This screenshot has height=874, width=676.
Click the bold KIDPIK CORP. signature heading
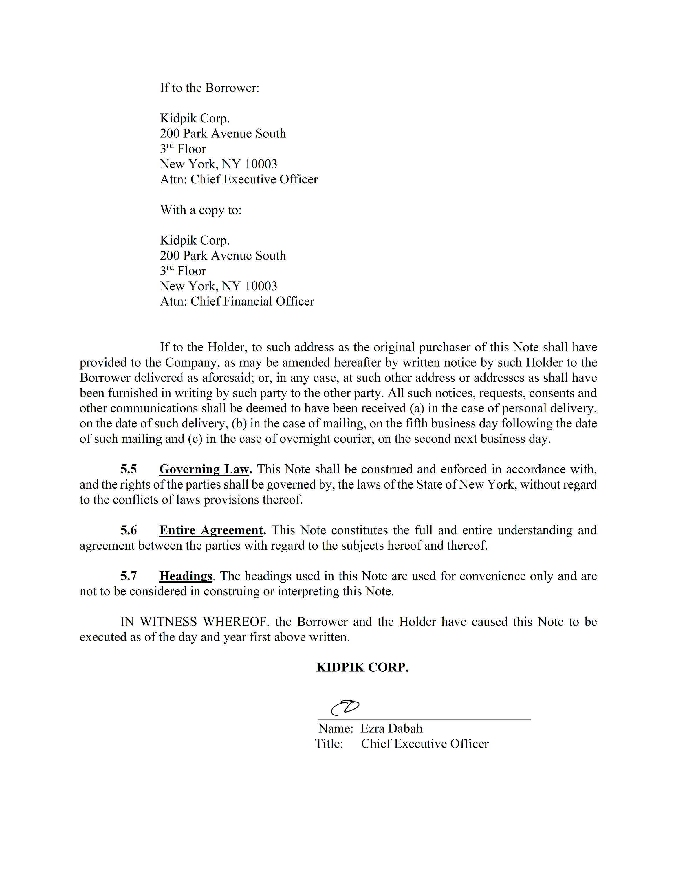coord(362,667)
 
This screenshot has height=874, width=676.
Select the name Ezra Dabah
coord(391,728)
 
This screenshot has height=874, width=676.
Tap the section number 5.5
coord(129,469)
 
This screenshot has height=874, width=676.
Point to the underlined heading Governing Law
coord(205,469)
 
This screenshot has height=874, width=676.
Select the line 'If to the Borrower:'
coord(210,88)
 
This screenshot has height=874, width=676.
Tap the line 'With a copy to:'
coord(201,210)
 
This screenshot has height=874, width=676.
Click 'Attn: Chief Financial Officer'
coord(237,301)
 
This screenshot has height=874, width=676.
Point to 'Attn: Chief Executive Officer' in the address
coord(239,179)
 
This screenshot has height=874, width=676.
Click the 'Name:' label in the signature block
coord(336,728)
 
